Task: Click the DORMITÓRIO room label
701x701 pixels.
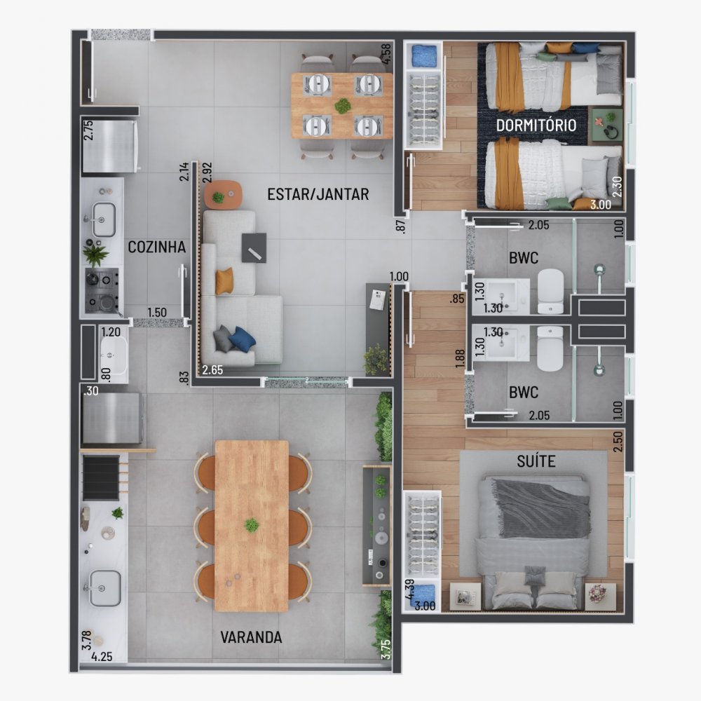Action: [536, 125]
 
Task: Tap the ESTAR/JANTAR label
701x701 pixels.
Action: [318, 194]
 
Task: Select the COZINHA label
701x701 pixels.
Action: [156, 247]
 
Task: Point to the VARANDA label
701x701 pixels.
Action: [251, 637]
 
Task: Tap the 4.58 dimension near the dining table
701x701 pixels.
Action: [386, 54]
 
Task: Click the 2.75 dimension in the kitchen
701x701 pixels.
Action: [88, 131]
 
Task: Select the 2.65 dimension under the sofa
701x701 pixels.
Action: [213, 369]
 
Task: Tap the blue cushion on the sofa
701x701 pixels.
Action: [242, 339]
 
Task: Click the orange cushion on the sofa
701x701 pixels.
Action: [224, 281]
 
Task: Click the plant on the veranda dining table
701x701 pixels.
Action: [251, 525]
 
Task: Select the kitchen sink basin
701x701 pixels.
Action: [104, 219]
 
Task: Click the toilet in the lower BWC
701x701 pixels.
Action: [550, 348]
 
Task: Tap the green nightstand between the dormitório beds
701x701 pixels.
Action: [604, 125]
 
